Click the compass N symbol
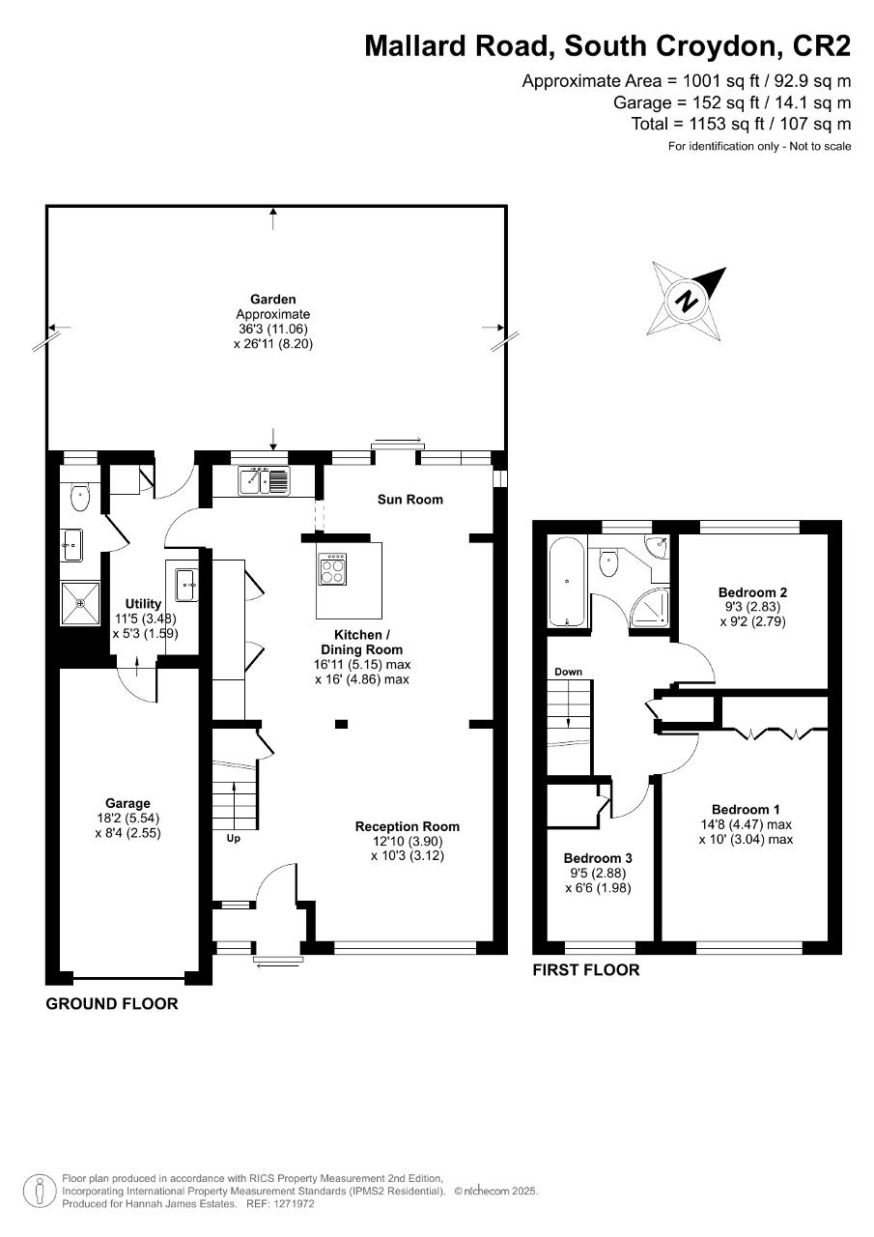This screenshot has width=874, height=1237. (687, 301)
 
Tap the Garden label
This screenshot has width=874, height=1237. (272, 300)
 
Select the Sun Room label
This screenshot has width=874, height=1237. (410, 500)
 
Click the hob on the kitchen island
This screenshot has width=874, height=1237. (333, 569)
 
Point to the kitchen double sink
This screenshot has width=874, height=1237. (264, 480)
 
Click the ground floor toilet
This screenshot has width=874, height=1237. (80, 497)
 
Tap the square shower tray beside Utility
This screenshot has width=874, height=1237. (80, 603)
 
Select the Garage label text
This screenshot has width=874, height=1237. (128, 803)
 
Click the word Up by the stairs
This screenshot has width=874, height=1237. (234, 838)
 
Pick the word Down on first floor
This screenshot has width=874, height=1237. (568, 672)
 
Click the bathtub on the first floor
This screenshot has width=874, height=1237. (567, 581)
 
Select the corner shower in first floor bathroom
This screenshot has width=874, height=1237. (650, 609)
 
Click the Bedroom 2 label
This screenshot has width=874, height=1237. (752, 592)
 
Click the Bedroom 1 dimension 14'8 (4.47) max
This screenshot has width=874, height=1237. (746, 824)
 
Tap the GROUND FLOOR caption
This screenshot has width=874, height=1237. (112, 1004)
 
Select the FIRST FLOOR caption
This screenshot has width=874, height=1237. (586, 969)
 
